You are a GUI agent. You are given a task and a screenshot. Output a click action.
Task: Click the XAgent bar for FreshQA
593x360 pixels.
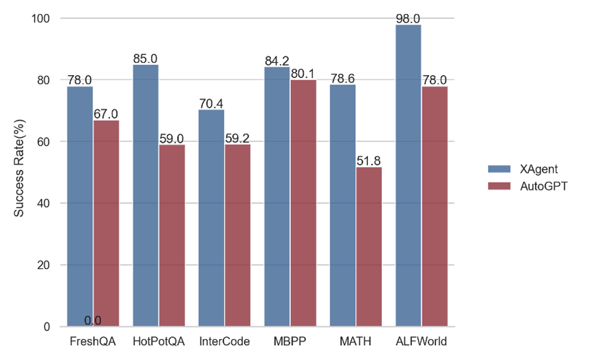tap(80, 206)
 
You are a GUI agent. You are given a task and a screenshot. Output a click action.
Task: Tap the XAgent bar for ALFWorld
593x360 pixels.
tap(408, 176)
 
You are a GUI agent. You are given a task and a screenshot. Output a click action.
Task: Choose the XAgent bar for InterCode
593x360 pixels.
tap(211, 217)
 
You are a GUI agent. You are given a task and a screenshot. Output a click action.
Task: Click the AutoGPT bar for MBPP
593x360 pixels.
tap(303, 203)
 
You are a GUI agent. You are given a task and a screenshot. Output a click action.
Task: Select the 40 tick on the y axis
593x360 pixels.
tap(44, 203)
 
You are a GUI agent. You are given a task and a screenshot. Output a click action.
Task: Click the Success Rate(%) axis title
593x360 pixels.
tap(19, 172)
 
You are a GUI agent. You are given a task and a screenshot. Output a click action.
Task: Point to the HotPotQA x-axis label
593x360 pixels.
tap(159, 342)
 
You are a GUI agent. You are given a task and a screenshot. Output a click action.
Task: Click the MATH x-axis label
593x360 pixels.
tap(356, 342)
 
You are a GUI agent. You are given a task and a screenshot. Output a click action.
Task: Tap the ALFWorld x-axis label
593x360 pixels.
tap(421, 342)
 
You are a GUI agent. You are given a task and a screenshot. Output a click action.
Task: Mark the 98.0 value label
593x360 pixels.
tap(408, 18)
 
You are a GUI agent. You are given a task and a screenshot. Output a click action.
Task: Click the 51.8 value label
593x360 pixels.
tap(369, 161)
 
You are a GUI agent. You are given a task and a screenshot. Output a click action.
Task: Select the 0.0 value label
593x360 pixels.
tap(93, 320)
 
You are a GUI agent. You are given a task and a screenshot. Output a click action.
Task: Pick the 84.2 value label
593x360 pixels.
tap(277, 61)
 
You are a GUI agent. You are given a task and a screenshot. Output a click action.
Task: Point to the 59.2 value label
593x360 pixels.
tap(237, 138)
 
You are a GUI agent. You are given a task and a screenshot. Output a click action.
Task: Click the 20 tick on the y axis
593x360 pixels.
tap(44, 265)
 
